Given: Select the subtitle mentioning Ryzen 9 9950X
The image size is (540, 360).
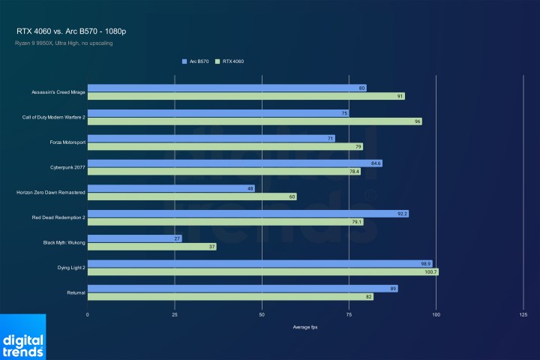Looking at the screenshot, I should click(64, 43).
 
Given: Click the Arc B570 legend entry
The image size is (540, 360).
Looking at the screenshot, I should click(196, 61).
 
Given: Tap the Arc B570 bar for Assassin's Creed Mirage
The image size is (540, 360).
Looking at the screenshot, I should click(225, 88).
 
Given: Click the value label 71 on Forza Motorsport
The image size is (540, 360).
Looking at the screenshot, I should click(330, 138).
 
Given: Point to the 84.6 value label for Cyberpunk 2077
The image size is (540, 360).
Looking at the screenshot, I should click(376, 163).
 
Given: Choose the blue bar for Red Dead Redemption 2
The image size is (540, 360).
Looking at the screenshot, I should click(247, 214).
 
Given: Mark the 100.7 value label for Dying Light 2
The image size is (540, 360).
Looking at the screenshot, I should click(430, 271).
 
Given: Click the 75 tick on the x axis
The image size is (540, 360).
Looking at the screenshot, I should click(349, 315).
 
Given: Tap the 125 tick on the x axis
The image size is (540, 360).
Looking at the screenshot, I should click(523, 315).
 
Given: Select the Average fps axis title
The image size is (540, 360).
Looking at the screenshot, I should click(304, 327).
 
